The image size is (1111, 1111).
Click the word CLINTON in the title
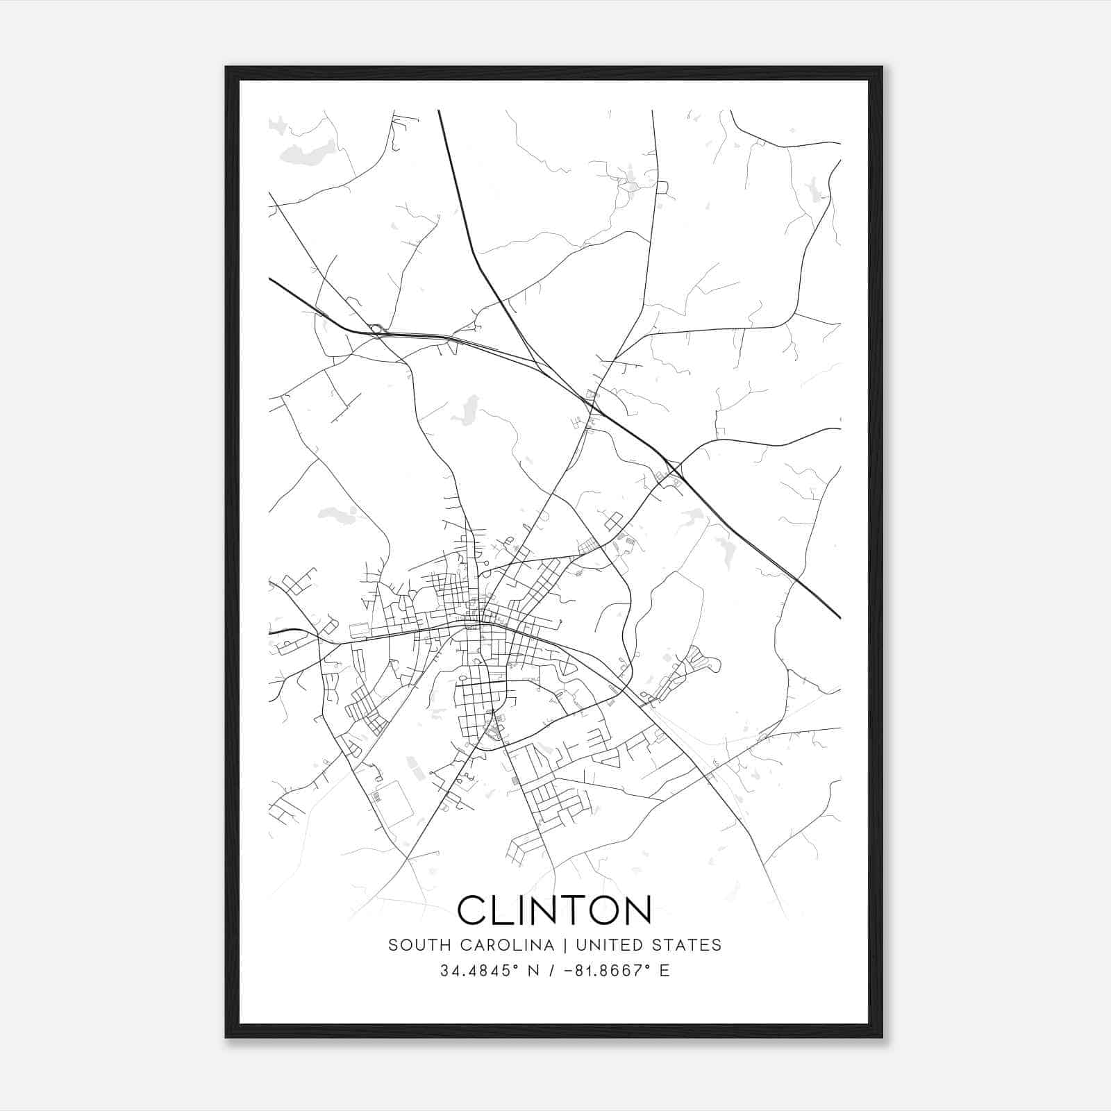point(555,910)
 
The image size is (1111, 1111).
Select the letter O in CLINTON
point(598,910)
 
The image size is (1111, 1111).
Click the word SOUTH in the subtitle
point(413,945)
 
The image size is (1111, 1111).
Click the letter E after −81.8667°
point(665,971)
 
